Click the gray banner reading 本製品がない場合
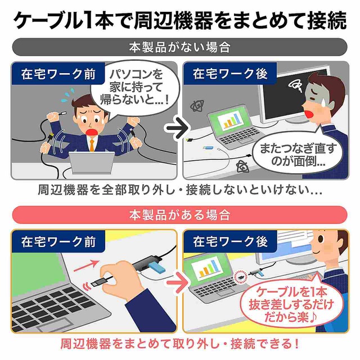pos(180,47)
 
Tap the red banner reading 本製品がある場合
pos(180,215)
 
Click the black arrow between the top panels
pos(177,128)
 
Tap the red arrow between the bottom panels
pos(177,282)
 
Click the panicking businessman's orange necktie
pos(92,145)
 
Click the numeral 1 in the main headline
pos(86,21)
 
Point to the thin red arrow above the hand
pos(85,265)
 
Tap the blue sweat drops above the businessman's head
pos(69,93)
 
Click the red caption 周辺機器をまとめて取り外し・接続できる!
pos(180,344)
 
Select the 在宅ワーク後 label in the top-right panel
pos(230,74)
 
